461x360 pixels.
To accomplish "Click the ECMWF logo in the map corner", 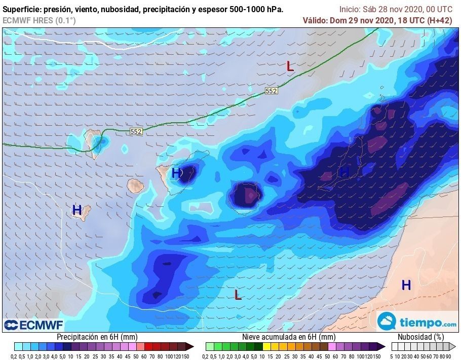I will tap(33, 325).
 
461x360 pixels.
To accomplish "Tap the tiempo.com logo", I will tap(417, 322).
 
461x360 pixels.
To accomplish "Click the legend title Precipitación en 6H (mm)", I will tap(96, 337).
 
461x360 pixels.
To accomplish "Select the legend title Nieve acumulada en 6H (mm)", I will tap(288, 337).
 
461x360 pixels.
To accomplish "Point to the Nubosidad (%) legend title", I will tap(420, 337).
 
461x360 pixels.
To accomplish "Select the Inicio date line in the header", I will tap(396, 9).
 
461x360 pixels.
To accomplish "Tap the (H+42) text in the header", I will tap(439, 20).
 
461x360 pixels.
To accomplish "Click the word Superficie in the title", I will tap(22, 10).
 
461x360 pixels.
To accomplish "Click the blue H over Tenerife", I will tap(176, 173).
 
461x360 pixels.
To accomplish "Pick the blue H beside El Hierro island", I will tap(77, 209).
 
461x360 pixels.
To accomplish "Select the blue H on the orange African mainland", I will tap(406, 285).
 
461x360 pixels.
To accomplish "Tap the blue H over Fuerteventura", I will tap(344, 172).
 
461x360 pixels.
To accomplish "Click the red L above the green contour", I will tap(290, 66).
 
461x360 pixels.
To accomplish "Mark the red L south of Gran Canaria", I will tap(237, 294).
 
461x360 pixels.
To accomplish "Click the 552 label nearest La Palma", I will tap(136, 131).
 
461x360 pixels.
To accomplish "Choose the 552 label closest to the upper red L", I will tap(272, 91).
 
